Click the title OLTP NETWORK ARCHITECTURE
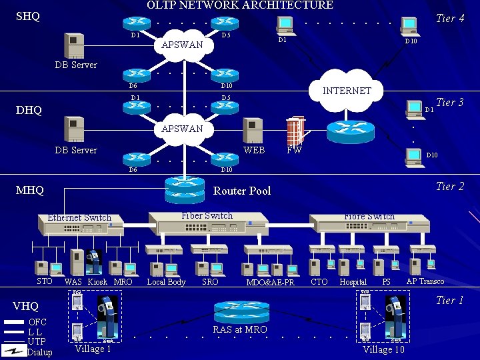(x=239, y=5)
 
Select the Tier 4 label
(x=450, y=18)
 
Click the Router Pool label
(x=241, y=191)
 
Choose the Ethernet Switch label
(x=79, y=217)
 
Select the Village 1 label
(x=93, y=349)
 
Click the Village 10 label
(x=383, y=349)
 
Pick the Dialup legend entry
(x=39, y=352)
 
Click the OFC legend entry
(x=38, y=322)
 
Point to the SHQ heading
(x=28, y=16)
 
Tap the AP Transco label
(x=425, y=281)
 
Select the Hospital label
(x=353, y=282)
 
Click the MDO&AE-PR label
(x=270, y=283)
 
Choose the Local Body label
(x=166, y=282)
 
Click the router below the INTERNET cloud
(x=351, y=132)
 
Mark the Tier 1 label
(x=450, y=300)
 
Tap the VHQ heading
(x=26, y=306)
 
